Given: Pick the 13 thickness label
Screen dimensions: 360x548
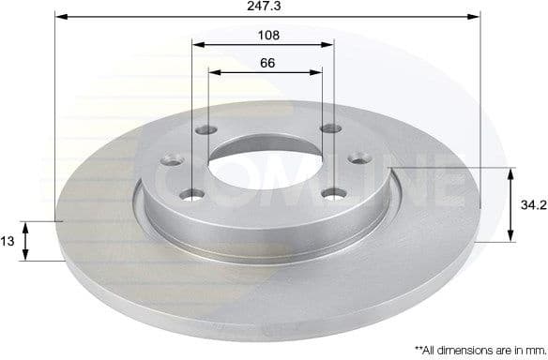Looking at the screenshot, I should pos(8,241).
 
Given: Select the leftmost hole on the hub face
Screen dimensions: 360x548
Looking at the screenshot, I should pos(172,160).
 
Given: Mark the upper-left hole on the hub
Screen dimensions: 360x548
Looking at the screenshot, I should pos(206,131).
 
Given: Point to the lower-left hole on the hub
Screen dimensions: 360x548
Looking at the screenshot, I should pos(192,194).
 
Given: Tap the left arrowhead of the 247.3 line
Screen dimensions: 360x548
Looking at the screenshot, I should pos(58,16).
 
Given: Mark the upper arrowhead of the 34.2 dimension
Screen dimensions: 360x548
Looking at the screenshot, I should pos(511,172).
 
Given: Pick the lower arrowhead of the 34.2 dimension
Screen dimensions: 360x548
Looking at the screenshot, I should pos(511,237).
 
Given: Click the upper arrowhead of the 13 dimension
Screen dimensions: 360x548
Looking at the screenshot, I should pos(26,226).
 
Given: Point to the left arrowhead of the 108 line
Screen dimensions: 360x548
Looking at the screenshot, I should pos(194,43).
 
